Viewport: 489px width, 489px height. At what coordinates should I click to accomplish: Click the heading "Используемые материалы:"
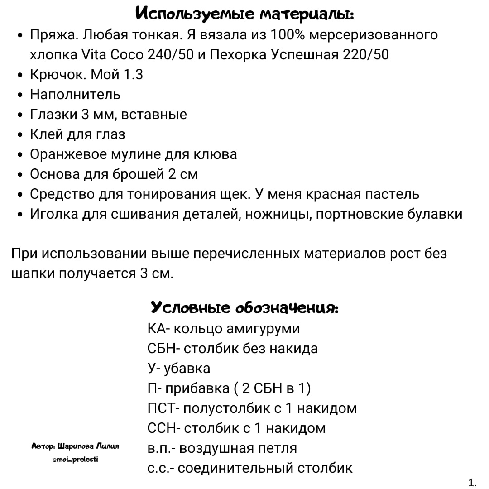point(245,14)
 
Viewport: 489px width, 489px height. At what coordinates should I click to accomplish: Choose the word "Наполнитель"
point(75,95)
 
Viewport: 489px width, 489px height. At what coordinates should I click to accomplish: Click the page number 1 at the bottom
point(472,483)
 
